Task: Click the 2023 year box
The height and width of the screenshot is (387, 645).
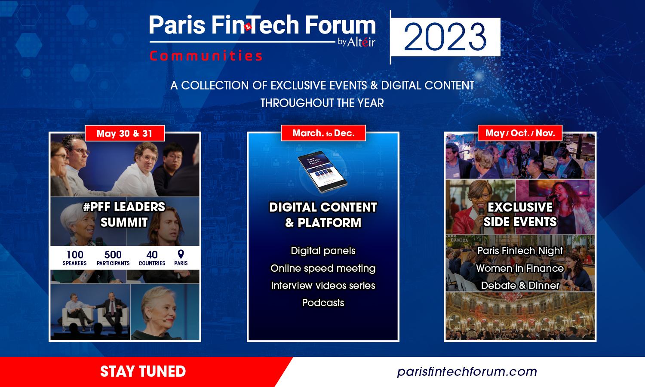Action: click(446, 37)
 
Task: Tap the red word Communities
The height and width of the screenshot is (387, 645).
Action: click(206, 55)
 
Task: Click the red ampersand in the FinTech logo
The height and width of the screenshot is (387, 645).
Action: click(248, 27)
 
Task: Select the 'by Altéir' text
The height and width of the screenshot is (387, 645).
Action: click(356, 42)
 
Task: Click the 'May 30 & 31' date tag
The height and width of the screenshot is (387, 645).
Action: click(125, 133)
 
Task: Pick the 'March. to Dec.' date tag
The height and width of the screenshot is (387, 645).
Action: click(323, 133)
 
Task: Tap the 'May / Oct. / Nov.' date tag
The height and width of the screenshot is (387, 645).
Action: click(520, 133)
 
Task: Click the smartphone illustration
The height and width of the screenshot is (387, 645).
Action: click(322, 172)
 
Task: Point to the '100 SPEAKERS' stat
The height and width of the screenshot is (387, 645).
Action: click(74, 258)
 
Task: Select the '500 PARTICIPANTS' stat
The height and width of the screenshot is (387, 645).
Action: click(113, 258)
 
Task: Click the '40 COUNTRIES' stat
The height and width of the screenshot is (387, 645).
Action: click(152, 258)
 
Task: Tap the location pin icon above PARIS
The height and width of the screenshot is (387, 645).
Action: click(181, 254)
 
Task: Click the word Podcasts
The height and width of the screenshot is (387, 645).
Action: click(323, 303)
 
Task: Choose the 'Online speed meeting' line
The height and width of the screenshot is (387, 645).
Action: click(323, 268)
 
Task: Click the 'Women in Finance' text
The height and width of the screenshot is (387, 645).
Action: click(520, 268)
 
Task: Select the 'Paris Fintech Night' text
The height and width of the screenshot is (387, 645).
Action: click(520, 251)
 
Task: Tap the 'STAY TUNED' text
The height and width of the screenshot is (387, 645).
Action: click(143, 372)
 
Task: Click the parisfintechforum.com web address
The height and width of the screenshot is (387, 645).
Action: click(467, 372)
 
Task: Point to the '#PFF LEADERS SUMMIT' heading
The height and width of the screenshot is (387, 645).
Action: click(124, 215)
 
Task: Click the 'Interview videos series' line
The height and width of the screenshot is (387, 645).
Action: click(323, 286)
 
